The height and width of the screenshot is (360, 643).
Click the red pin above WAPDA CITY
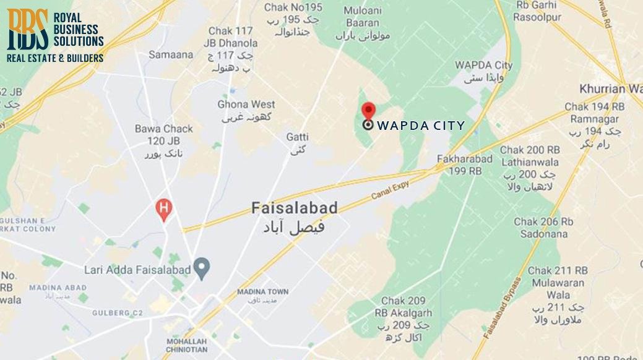click(368, 110)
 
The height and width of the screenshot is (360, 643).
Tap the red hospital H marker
click(163, 209)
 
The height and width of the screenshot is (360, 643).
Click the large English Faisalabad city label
click(295, 208)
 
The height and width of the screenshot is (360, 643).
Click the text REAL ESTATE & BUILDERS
click(54, 58)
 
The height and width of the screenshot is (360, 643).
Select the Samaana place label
click(171, 54)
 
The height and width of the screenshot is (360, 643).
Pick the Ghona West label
click(246, 105)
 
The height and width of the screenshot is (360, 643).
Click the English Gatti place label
click(298, 136)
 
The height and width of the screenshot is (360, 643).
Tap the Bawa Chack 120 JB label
click(164, 134)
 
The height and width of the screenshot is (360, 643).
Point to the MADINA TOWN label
click(262, 292)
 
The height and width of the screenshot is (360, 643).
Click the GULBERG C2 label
click(118, 313)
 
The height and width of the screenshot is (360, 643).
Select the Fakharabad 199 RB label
click(465, 165)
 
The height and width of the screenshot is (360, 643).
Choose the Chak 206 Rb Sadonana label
click(544, 228)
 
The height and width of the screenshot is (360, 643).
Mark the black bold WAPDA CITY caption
click(421, 126)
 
